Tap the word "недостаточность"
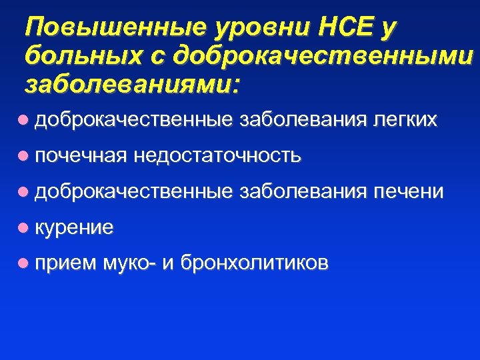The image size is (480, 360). coord(217,156)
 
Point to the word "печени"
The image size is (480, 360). coord(409,192)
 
